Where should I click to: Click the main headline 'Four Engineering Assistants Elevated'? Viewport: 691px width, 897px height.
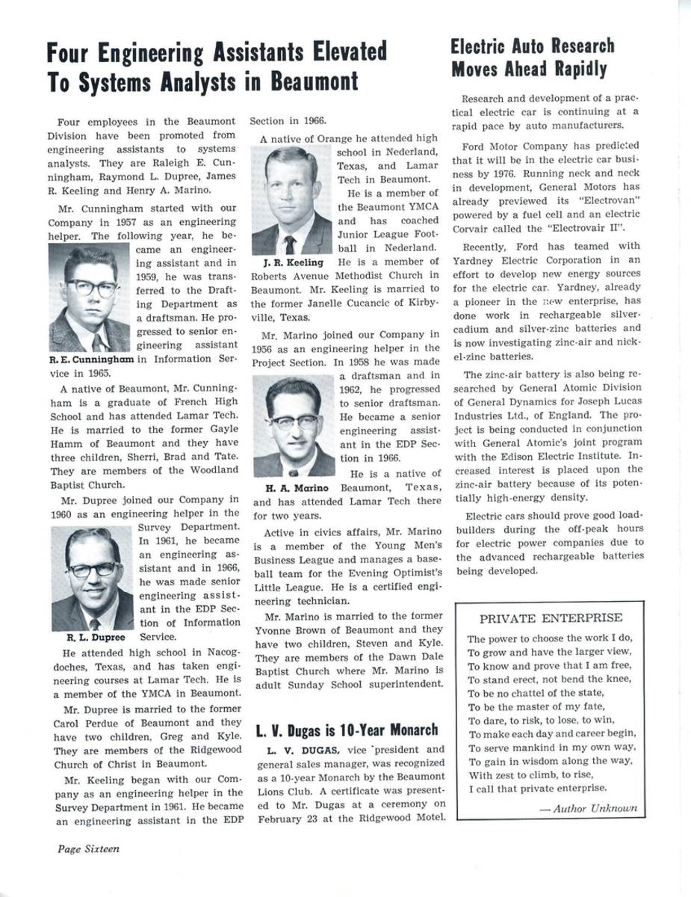click(x=217, y=53)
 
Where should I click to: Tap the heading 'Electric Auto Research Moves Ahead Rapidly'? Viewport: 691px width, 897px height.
click(x=532, y=58)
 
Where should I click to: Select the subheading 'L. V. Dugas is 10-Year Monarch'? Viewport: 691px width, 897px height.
click(x=347, y=730)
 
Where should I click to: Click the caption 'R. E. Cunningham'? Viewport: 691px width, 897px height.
click(x=91, y=359)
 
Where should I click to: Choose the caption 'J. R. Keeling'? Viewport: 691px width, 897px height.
click(x=293, y=262)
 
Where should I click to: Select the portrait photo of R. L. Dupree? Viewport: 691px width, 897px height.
click(x=92, y=579)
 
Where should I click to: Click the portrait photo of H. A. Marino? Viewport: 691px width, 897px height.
click(x=293, y=426)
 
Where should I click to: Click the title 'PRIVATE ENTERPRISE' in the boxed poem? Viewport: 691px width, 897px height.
click(x=551, y=618)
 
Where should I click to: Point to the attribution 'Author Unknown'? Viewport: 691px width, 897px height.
click(x=588, y=808)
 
